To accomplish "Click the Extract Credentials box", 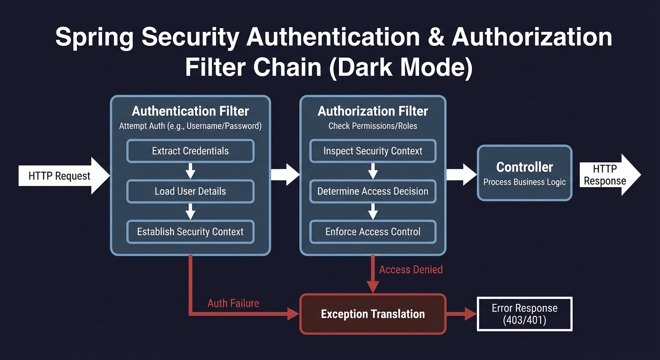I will [190, 151].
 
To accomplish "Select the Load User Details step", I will [190, 191].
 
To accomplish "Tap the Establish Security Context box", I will [190, 232].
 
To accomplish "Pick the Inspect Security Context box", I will [373, 151].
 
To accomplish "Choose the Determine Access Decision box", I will [373, 191].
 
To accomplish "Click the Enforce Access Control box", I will [373, 232].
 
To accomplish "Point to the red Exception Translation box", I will [373, 314].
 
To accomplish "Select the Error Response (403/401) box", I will [525, 314].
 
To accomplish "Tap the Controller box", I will [525, 173].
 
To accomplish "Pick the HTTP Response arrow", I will [609, 175].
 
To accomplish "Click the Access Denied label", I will [411, 270].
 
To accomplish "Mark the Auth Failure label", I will [233, 303].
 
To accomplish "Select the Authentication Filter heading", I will [190, 111].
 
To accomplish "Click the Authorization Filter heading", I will [373, 111].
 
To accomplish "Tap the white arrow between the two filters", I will [285, 174].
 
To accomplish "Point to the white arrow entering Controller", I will [461, 174].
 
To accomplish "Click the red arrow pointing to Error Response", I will [461, 314].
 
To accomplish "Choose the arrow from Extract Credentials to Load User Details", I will [190, 171].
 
